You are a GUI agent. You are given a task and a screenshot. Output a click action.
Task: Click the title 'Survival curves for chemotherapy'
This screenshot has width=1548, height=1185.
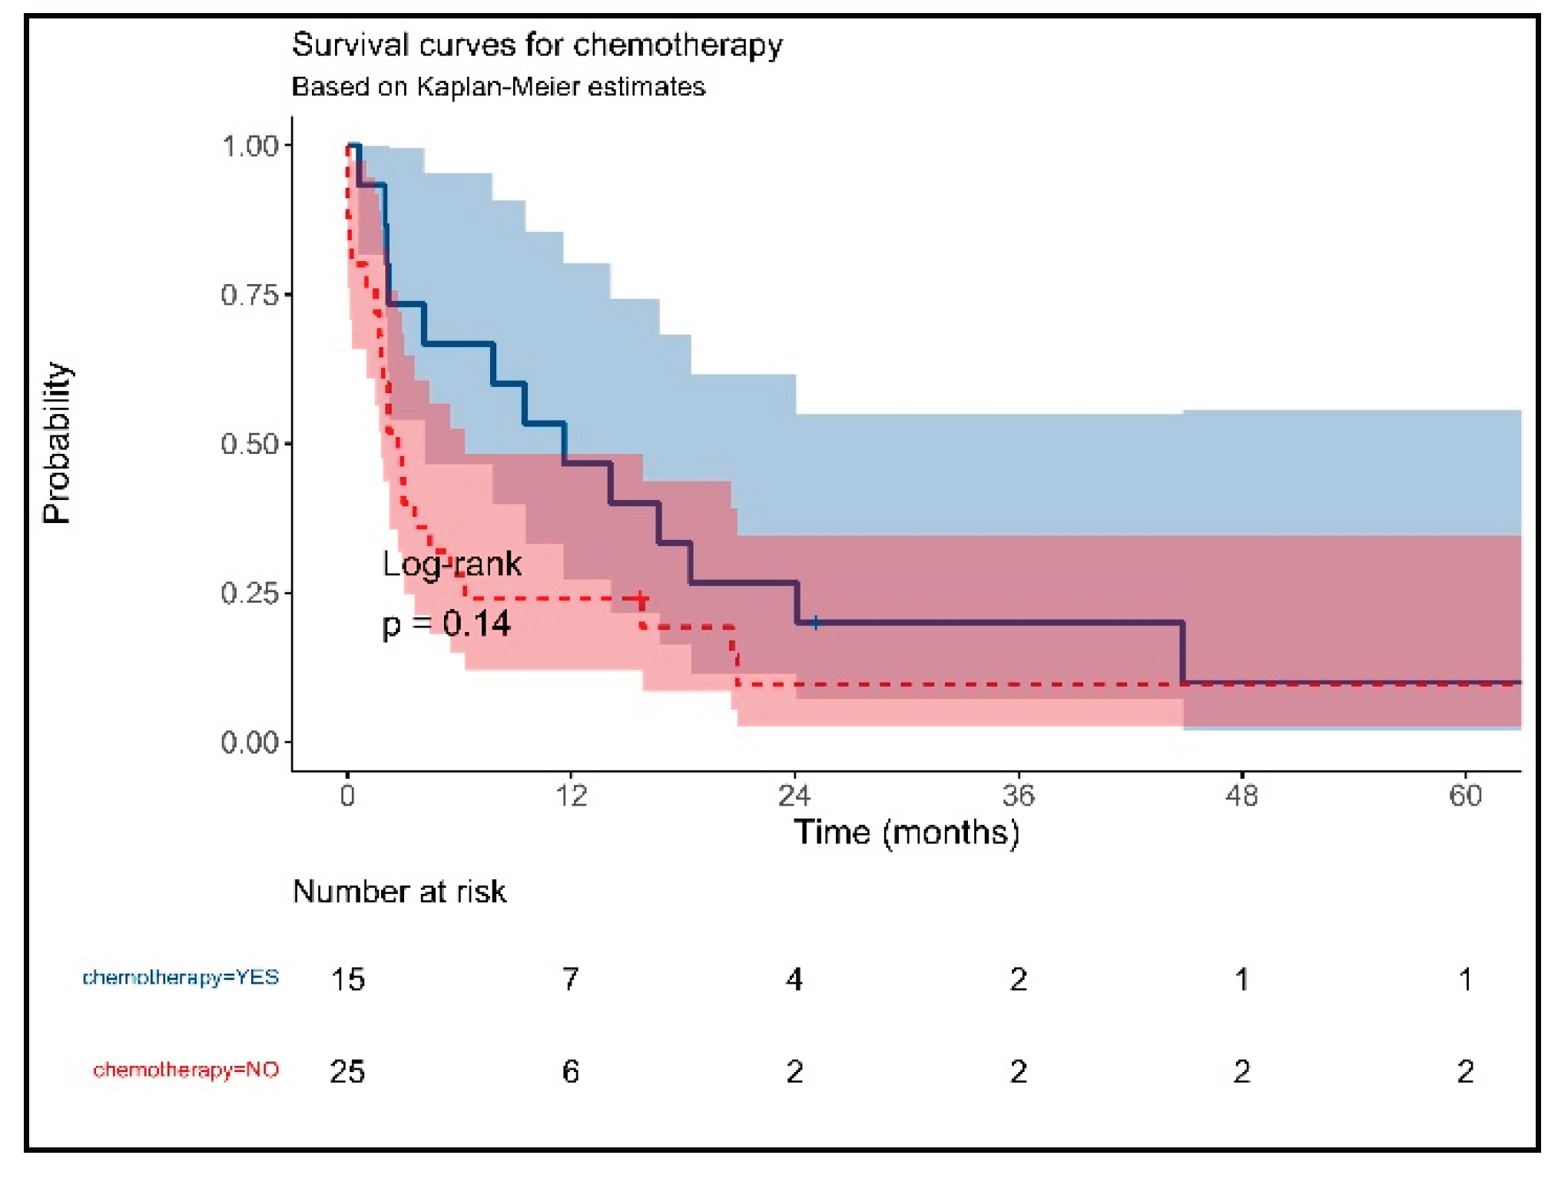click(x=537, y=45)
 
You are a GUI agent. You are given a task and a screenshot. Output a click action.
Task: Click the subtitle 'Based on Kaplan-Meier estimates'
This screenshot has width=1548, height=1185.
click(x=498, y=87)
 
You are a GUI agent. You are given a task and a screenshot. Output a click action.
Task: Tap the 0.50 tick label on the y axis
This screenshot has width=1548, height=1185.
click(x=249, y=444)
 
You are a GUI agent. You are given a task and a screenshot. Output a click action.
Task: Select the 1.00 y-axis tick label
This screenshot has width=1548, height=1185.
click(x=249, y=146)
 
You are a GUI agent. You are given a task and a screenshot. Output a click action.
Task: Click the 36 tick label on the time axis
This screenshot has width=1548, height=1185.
click(x=1018, y=796)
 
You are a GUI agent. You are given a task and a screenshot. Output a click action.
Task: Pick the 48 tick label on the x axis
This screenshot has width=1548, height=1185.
click(x=1241, y=796)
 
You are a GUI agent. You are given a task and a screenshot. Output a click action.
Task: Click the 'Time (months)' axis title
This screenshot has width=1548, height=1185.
click(x=907, y=832)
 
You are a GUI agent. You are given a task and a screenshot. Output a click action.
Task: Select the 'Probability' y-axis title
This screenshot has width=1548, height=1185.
click(x=58, y=443)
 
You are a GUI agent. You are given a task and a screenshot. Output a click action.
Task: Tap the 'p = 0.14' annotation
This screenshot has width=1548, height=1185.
click(x=446, y=624)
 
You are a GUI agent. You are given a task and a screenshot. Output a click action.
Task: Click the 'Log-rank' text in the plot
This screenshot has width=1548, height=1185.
click(x=452, y=564)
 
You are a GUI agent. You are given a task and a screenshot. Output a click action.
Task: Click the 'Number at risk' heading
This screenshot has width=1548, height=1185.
click(x=399, y=892)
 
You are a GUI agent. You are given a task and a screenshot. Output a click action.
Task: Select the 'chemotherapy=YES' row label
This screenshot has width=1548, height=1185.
click(x=181, y=978)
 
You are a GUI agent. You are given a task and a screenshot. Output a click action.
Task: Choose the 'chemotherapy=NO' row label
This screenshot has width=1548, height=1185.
click(x=186, y=1070)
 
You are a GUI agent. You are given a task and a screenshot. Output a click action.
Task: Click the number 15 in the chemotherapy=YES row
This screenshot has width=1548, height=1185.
click(x=347, y=979)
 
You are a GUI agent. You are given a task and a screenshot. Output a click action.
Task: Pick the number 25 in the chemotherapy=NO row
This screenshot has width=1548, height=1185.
click(x=347, y=1071)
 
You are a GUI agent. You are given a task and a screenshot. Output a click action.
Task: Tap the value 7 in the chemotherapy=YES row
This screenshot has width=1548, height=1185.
click(x=570, y=979)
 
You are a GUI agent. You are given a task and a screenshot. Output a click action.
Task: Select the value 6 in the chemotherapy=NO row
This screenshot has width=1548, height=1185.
click(x=570, y=1071)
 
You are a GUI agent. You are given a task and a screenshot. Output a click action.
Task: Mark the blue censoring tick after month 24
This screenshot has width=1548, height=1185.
click(x=815, y=623)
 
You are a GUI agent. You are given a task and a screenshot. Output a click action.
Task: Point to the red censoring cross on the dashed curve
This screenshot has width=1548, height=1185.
click(x=641, y=598)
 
